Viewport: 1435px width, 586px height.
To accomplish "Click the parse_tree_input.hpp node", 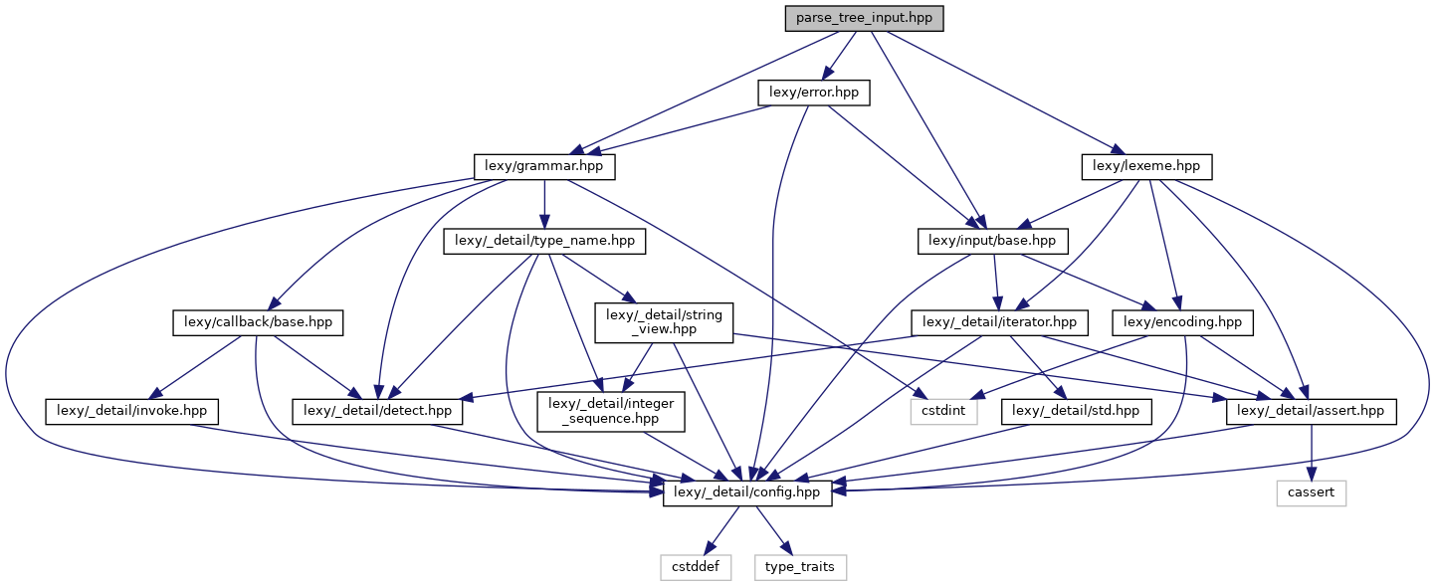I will (x=863, y=18).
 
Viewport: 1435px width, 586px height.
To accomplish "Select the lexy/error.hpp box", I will (x=814, y=93).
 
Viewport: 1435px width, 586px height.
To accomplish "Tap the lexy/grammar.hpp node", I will (x=543, y=167).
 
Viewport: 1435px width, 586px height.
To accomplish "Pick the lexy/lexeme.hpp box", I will (x=1146, y=167).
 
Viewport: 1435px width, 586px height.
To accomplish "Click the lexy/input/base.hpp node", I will (x=992, y=241).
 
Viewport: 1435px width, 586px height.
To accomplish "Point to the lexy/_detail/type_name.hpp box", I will (x=543, y=241).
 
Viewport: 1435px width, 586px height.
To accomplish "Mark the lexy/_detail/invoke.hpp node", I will (x=131, y=410).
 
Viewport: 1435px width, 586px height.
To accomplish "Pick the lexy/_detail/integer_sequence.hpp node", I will (x=611, y=410).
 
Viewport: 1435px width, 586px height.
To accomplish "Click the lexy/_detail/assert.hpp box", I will (x=1311, y=410).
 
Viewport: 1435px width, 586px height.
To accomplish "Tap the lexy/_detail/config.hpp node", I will (x=747, y=492).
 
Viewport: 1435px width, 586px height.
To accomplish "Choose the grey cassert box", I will (x=1311, y=492).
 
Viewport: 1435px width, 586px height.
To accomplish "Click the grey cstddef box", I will (x=695, y=567).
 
